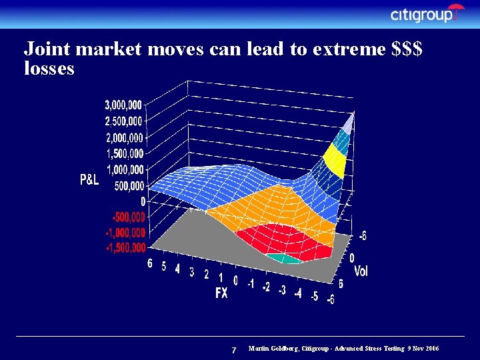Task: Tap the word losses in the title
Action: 49,68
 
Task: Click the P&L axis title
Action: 90,179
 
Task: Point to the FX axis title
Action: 221,293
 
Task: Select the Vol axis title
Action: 361,271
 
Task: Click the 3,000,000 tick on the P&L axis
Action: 123,105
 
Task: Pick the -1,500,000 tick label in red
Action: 125,248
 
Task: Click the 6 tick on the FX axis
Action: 151,263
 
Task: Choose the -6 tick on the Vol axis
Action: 362,235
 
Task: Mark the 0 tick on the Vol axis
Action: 352,257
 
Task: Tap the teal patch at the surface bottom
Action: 284,258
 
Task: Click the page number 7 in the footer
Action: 233,351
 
